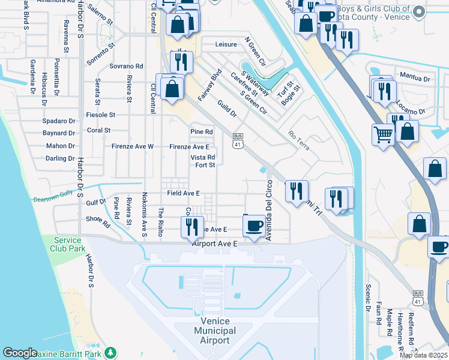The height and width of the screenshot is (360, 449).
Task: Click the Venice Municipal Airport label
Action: tap(215, 331)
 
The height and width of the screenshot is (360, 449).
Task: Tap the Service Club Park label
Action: tap(67, 244)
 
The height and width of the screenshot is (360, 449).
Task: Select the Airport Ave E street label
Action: tap(215, 244)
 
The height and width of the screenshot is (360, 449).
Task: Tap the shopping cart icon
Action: tap(383, 134)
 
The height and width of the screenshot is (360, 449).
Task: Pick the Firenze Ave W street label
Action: tap(133, 146)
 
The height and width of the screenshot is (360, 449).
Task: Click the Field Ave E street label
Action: tap(183, 193)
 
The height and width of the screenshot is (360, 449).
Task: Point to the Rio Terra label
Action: tap(298, 140)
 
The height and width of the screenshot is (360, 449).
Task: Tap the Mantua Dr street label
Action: tap(415, 78)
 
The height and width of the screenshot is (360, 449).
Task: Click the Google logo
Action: tap(20, 353)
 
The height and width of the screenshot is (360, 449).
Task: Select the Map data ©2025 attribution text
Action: tap(423, 355)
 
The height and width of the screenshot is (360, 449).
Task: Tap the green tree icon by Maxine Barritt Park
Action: tap(109, 352)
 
